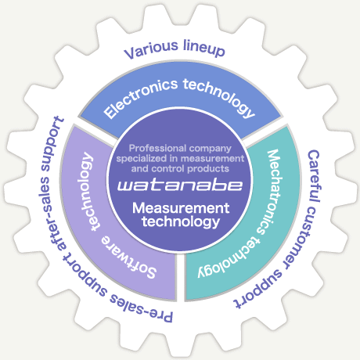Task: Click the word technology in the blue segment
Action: click(219, 97)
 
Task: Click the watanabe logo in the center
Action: click(180, 185)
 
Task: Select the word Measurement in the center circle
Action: click(181, 208)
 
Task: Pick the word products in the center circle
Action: click(208, 169)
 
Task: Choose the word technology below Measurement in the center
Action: click(181, 221)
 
